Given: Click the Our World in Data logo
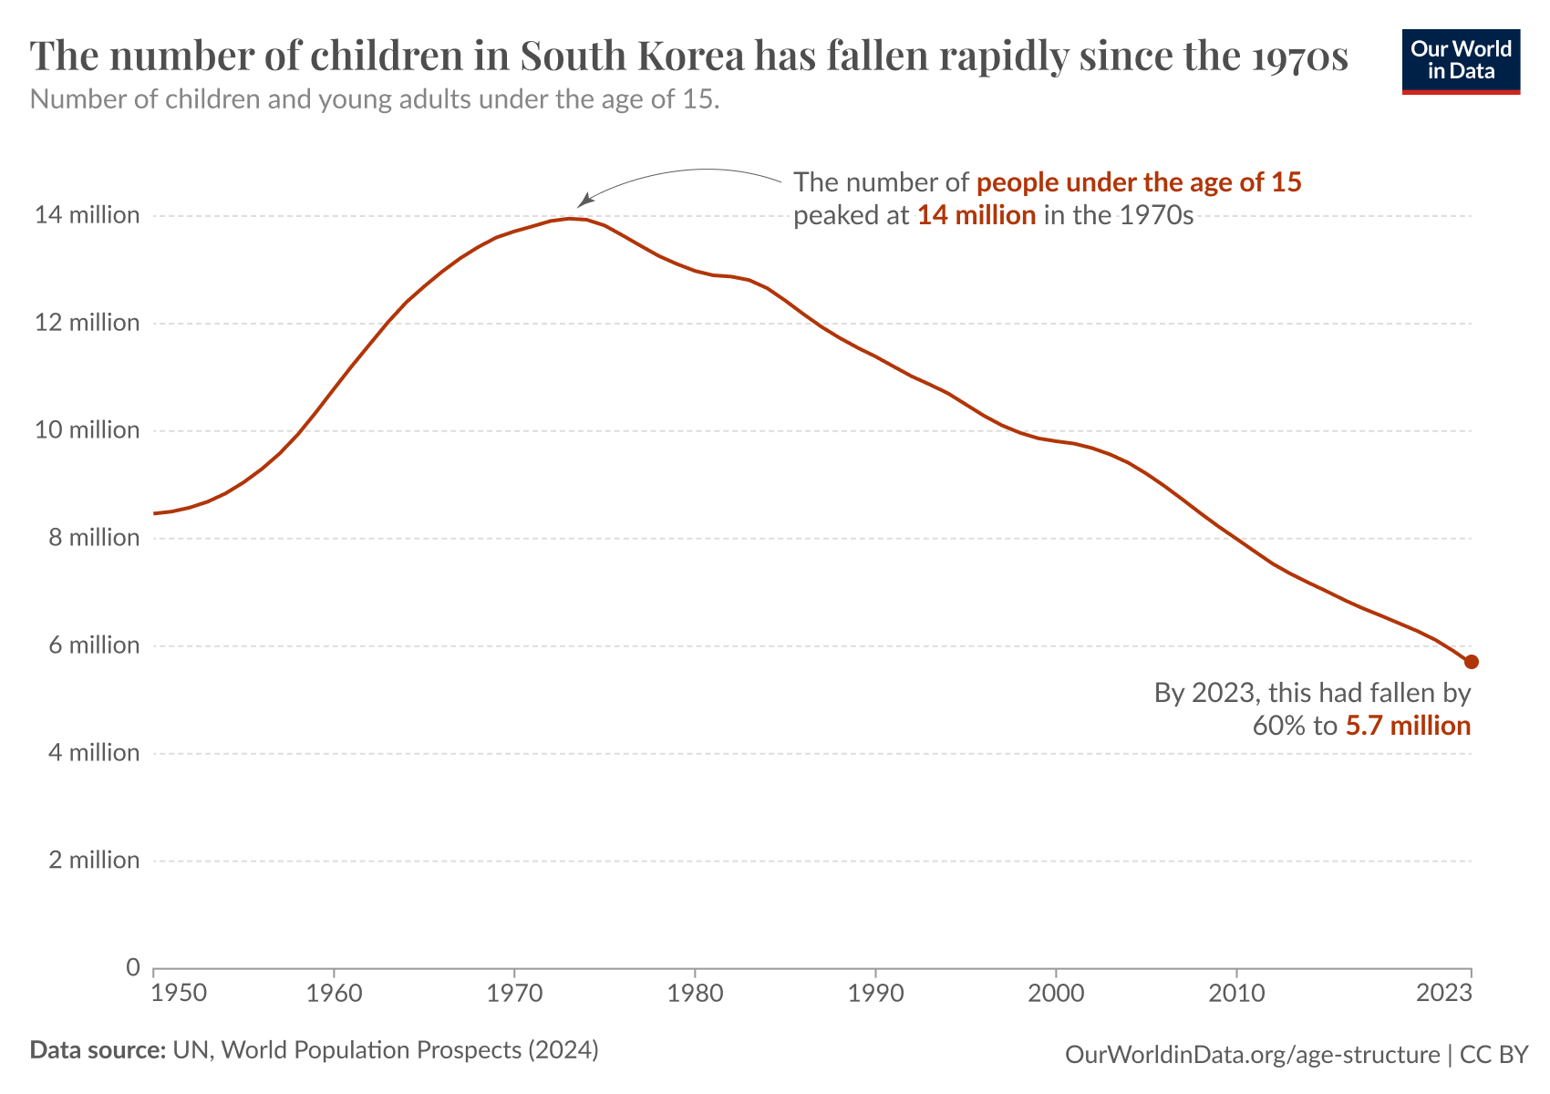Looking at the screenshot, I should (x=1461, y=60).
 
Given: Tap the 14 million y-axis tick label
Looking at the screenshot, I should (x=88, y=215).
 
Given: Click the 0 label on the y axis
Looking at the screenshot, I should (x=133, y=966).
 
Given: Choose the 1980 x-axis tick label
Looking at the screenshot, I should (x=695, y=993).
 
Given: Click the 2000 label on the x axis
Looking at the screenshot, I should (x=1056, y=993).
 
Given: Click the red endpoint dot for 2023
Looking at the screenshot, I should (x=1471, y=661).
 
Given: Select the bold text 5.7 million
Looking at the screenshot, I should (x=1408, y=727).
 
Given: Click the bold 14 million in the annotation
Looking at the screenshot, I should (x=976, y=216).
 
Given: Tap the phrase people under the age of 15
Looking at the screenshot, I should (x=1138, y=182).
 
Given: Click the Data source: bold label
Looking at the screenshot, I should (x=97, y=1050).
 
